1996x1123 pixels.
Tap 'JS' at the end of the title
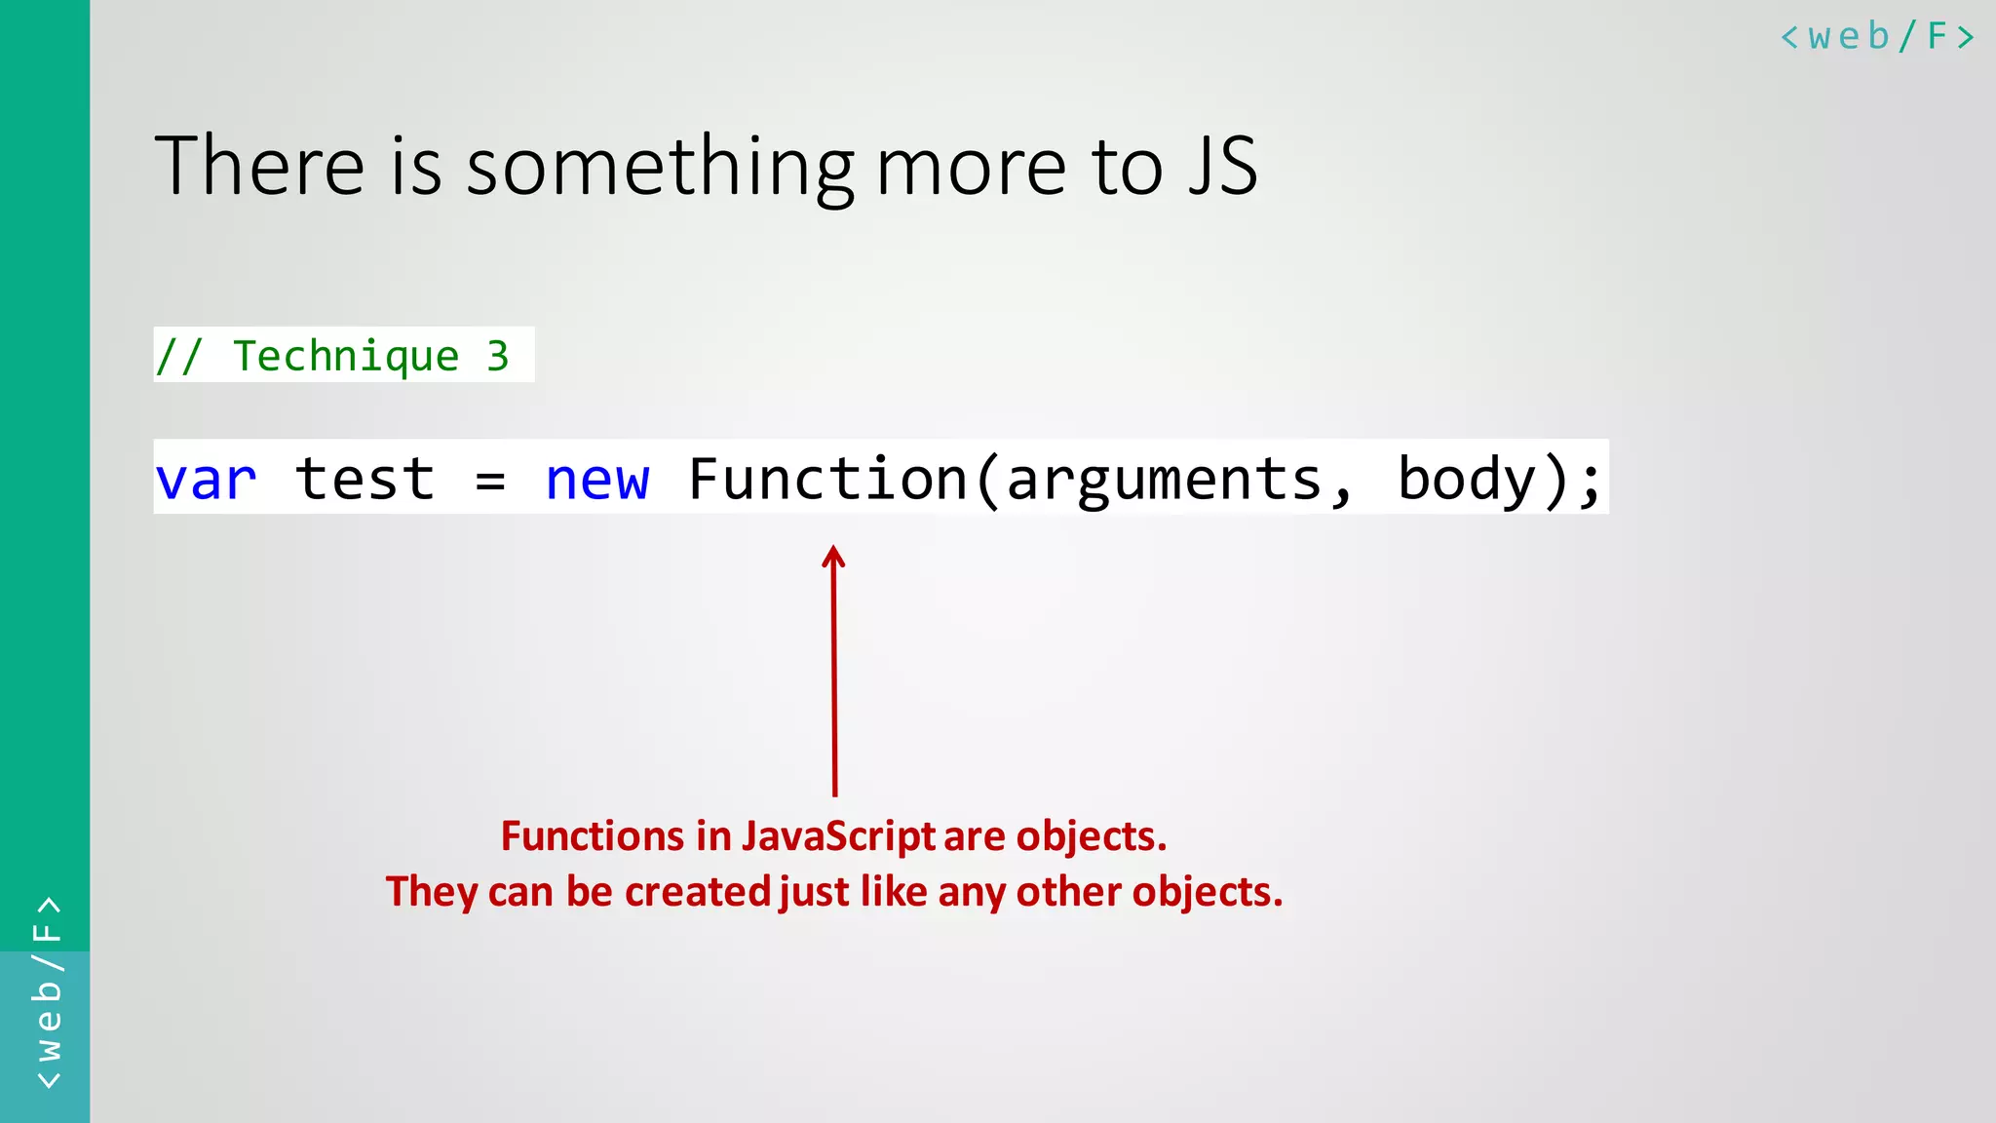1223,166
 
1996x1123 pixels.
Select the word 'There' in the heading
259,166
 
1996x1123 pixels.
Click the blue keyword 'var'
206,480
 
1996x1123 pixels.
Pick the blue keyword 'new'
596,480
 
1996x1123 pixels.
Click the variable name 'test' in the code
365,480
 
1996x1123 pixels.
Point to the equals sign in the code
490,481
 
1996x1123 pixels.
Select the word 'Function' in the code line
827,480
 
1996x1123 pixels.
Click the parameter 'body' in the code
1467,480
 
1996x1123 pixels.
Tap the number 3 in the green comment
497,356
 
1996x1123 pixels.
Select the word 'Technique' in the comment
346,356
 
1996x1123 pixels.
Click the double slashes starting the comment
179,356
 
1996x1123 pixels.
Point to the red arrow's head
833,557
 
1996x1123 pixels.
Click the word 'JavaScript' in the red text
838,836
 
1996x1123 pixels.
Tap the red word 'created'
698,892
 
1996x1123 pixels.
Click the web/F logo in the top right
1877,37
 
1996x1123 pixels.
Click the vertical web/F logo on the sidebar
47,992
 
